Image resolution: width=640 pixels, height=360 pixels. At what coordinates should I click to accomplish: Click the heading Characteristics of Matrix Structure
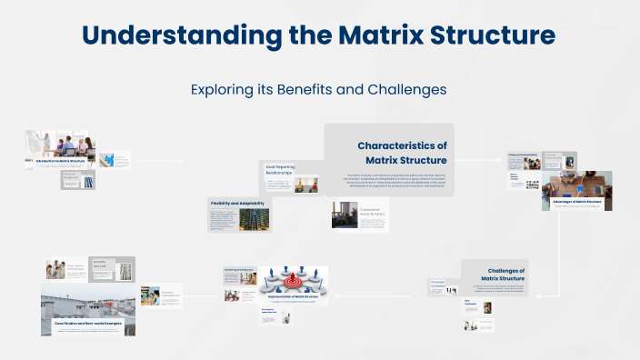pyautogui.click(x=401, y=153)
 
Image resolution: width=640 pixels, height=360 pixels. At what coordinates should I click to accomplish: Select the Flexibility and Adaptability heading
pyautogui.click(x=237, y=203)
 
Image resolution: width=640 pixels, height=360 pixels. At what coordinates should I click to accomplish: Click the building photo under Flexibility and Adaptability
pyautogui.click(x=254, y=221)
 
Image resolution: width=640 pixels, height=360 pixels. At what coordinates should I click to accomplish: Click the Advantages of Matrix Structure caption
pyautogui.click(x=577, y=201)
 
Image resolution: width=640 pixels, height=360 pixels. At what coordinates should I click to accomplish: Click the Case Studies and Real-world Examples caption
pyautogui.click(x=88, y=323)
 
